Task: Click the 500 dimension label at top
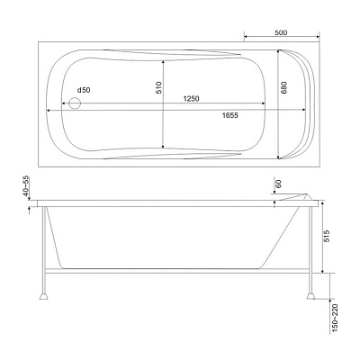[281, 32]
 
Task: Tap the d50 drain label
[84, 90]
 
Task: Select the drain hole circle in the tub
[75, 103]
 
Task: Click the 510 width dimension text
[158, 87]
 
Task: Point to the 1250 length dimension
[191, 98]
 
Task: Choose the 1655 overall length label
[230, 115]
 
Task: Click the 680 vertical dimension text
[284, 87]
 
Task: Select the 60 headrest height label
[278, 184]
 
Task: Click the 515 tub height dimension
[327, 236]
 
